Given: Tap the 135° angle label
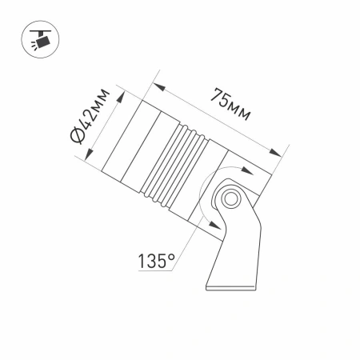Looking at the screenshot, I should point(155,261).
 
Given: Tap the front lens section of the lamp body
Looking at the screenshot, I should point(126,142).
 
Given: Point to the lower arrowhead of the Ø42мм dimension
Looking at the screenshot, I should point(82,153).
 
